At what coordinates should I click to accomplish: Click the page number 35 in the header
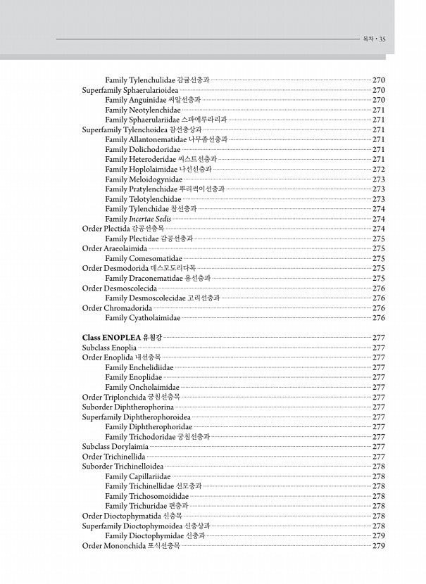382,39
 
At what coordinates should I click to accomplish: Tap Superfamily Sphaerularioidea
131,90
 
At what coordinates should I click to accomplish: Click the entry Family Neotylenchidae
143,110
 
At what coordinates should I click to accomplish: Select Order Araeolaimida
115,248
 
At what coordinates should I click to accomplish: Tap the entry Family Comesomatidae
144,258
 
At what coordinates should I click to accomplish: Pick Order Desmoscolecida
120,288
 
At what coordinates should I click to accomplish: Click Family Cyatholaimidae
143,318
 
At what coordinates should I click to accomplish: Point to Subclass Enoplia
110,348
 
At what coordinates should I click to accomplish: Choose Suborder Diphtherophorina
128,407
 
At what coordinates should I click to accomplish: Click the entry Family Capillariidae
140,476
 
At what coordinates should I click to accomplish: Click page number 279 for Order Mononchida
379,545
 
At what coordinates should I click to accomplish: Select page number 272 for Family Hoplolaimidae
379,169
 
